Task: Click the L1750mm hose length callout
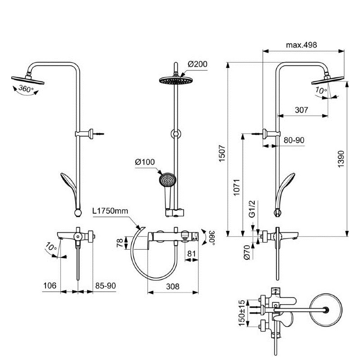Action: coord(110,211)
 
